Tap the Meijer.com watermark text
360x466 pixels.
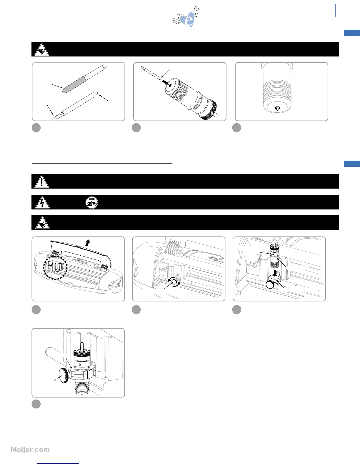[30, 450]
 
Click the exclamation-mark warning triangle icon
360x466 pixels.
[42, 182]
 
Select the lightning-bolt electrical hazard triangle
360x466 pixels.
[42, 202]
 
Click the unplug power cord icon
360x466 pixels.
[91, 203]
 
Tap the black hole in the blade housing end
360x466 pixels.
[171, 85]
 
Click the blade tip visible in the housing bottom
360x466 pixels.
[277, 109]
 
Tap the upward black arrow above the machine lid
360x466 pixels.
[87, 243]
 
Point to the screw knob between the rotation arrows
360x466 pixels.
[174, 282]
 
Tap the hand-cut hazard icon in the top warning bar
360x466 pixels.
[42, 49]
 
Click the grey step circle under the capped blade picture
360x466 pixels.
[36, 128]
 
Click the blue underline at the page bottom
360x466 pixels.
[58, 463]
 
